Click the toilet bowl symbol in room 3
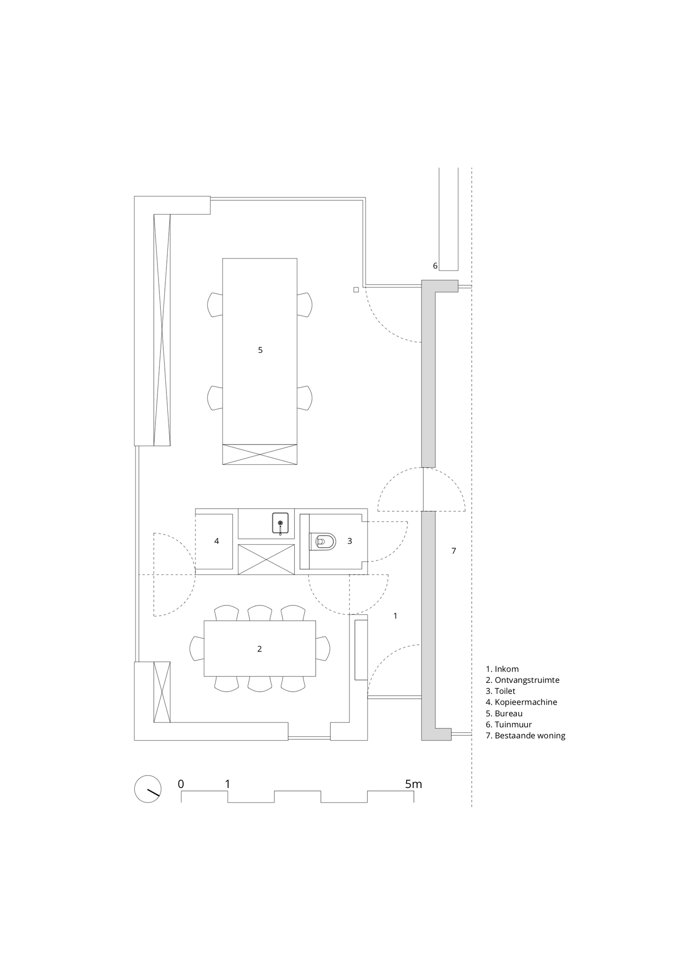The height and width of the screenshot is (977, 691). click(x=322, y=541)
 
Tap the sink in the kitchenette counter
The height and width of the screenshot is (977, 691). click(x=280, y=523)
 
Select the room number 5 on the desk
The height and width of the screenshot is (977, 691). click(x=260, y=350)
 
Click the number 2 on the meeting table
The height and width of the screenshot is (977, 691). click(x=260, y=649)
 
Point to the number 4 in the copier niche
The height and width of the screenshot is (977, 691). click(x=217, y=541)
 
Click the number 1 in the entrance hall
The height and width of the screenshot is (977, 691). click(x=395, y=616)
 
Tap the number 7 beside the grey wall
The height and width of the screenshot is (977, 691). click(x=454, y=551)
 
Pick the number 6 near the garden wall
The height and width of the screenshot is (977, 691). click(x=435, y=266)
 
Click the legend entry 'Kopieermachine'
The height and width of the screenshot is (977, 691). click(x=522, y=702)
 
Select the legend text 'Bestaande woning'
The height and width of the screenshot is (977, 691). click(x=526, y=736)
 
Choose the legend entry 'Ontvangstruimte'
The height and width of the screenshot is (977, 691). click(x=523, y=680)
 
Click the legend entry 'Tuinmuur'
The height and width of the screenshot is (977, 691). click(x=509, y=724)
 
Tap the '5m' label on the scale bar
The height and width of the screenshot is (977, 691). click(x=413, y=784)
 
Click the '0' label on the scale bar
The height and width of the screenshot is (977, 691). click(x=181, y=784)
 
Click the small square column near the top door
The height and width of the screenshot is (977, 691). click(x=356, y=290)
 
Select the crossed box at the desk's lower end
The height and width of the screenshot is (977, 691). click(x=260, y=454)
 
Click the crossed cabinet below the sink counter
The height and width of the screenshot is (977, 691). click(x=267, y=560)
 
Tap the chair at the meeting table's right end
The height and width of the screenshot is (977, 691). click(x=323, y=649)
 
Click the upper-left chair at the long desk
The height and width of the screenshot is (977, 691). click(x=215, y=305)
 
